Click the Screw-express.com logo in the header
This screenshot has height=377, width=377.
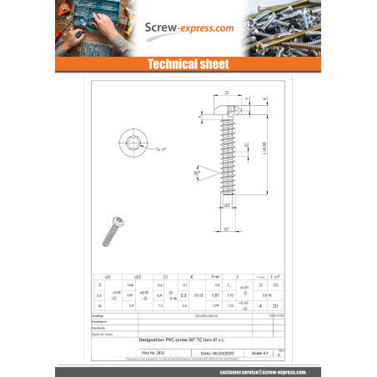pos(188,28)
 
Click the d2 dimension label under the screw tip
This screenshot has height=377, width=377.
pos(226,204)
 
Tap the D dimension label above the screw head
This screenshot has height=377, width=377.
pos(225,93)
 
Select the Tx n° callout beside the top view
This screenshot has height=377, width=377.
pos(161,149)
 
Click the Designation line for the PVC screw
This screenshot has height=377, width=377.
pos(188,340)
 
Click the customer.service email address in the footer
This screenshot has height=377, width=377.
pos(264,370)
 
